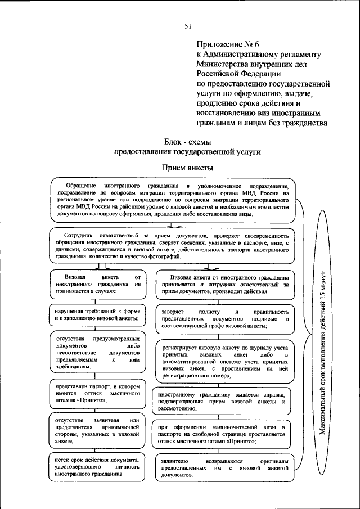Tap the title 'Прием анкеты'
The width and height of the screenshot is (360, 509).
[x=187, y=167]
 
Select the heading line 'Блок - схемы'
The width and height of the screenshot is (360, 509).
[x=188, y=141]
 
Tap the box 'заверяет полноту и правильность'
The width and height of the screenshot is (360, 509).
[x=224, y=318]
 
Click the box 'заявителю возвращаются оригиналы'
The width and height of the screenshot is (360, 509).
[x=224, y=468]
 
